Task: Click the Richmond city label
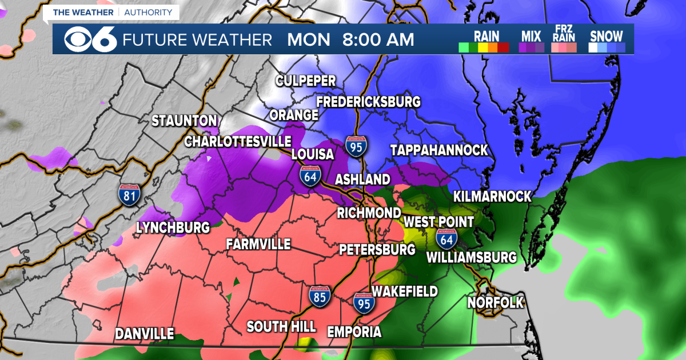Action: [x=369, y=213]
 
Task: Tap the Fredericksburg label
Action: [x=369, y=102]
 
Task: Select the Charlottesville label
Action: [x=238, y=141]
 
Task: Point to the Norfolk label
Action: [x=496, y=302]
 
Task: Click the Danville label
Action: [x=145, y=334]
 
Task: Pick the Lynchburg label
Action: [x=173, y=227]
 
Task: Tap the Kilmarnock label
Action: [x=492, y=197]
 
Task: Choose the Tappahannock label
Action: [x=439, y=150]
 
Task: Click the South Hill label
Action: [x=281, y=327]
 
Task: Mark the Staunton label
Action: [x=184, y=121]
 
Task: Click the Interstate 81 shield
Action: [x=129, y=194]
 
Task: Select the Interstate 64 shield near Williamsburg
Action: [x=446, y=238]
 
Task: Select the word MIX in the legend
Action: [x=531, y=36]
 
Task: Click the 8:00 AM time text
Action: [x=378, y=40]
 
